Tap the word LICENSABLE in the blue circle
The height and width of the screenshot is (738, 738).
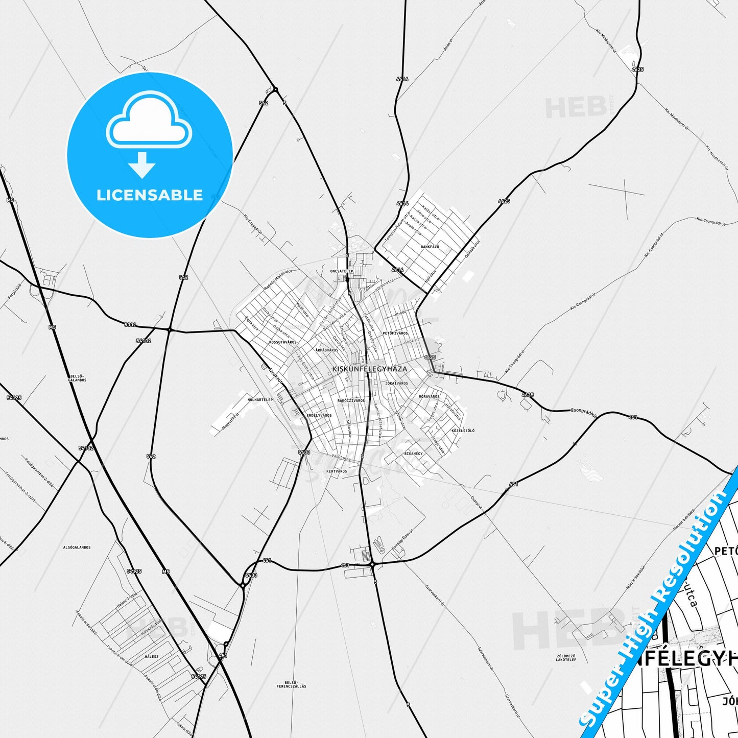[x=150, y=195]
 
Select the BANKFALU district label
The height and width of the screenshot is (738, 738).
[x=430, y=246]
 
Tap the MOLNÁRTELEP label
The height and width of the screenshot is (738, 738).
[x=260, y=399]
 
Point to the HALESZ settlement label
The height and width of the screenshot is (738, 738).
[x=152, y=656]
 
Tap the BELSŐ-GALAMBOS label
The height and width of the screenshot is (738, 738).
[x=77, y=378]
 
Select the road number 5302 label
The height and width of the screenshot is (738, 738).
[x=130, y=324]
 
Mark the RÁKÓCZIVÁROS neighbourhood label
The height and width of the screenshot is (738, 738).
[x=351, y=400]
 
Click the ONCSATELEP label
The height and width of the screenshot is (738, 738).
[x=342, y=271]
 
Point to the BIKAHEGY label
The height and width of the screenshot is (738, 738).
[x=414, y=453]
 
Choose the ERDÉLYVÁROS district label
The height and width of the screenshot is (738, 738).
[x=319, y=415]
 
